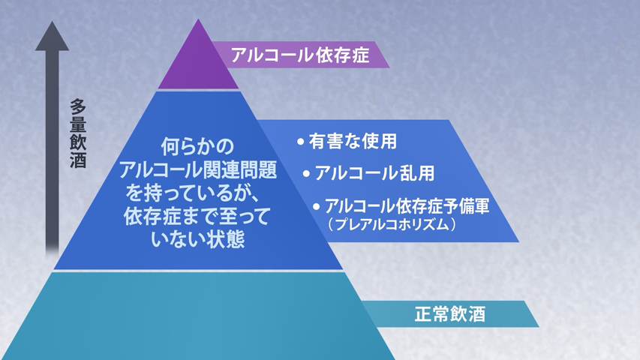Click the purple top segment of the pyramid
[x=198, y=61]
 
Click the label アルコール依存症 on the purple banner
[x=300, y=55]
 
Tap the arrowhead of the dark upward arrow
[x=53, y=37]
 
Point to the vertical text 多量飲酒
[x=77, y=133]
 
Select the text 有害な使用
[x=353, y=142]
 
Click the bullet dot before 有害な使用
[x=301, y=142]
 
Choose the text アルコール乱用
[x=374, y=173]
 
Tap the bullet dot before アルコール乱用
[x=306, y=174]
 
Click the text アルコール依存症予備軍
[x=407, y=206]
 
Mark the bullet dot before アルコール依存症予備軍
[x=317, y=206]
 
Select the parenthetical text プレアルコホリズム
[x=392, y=224]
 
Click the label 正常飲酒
[x=449, y=314]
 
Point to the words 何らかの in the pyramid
[x=197, y=146]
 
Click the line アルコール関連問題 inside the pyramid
[x=198, y=169]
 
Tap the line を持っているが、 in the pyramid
[x=192, y=193]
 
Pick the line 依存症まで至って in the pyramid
[x=197, y=216]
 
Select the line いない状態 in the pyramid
[x=198, y=239]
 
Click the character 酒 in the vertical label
[x=77, y=160]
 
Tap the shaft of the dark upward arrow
[x=53, y=151]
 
